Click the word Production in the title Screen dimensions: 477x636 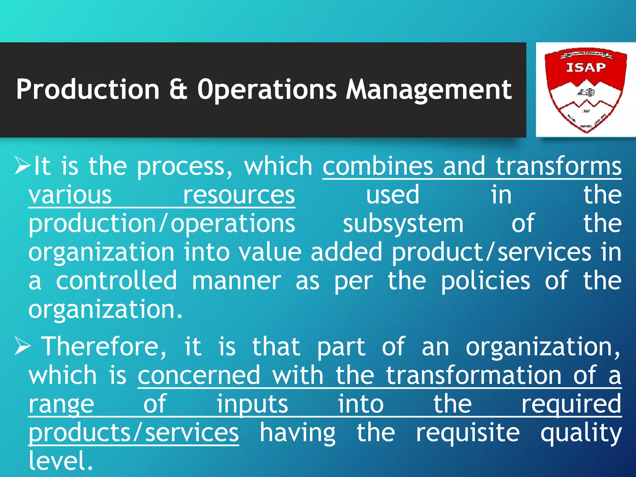[88, 89]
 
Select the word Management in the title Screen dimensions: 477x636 [429, 89]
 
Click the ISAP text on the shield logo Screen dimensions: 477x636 [586, 67]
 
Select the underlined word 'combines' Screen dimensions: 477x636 [378, 166]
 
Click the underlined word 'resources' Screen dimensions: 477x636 [238, 195]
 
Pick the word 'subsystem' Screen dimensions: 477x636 [403, 224]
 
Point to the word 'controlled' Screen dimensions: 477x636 [116, 281]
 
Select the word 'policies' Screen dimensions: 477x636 [486, 281]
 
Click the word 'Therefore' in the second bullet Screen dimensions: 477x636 [104, 347]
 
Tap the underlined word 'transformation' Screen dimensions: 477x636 [473, 375]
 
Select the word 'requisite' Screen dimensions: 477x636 [468, 433]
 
